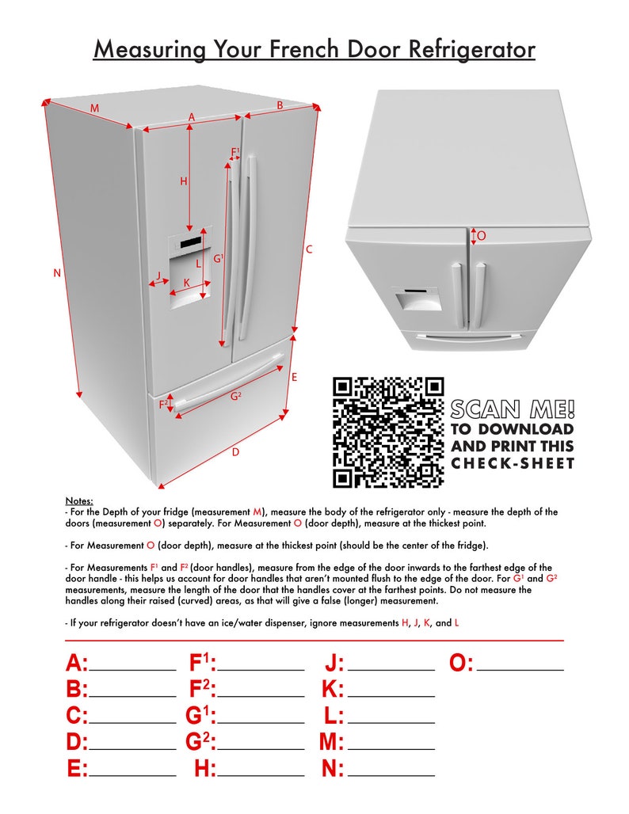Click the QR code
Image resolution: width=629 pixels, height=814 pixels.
(x=387, y=432)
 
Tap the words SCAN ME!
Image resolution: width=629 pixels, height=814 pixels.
(x=513, y=409)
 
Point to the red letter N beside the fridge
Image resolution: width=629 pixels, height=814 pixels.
(x=57, y=273)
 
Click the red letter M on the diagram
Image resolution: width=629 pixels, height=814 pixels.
(x=94, y=108)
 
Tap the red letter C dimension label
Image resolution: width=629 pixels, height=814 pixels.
(x=309, y=249)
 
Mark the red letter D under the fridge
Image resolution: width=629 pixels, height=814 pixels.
(x=235, y=452)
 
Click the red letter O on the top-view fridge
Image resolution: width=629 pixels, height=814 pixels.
(x=482, y=236)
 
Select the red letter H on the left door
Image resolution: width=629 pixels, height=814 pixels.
(x=184, y=181)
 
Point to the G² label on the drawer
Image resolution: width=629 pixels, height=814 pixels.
(x=236, y=396)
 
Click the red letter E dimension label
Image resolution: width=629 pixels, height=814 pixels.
(x=294, y=378)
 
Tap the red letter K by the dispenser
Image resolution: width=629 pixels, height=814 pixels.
(x=187, y=283)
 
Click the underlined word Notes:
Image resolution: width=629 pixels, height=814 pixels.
(x=78, y=501)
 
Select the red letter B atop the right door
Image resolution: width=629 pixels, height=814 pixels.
(x=280, y=105)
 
